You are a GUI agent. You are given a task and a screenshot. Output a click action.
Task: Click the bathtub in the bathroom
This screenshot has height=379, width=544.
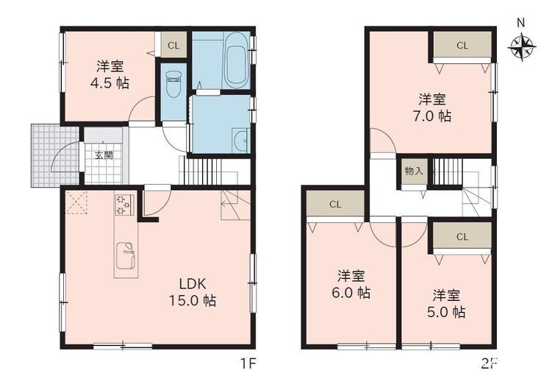coord(236,60)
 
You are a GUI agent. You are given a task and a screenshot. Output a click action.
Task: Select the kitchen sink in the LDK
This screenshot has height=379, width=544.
coord(126,256)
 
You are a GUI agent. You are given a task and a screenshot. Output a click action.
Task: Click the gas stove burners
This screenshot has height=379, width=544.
coord(124,205)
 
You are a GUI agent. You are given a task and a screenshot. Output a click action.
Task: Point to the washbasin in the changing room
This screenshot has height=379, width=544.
coord(240,141)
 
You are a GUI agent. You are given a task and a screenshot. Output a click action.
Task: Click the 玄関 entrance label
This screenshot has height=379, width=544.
coord(104,155)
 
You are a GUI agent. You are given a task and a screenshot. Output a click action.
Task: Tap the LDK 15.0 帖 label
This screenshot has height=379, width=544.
coord(193,292)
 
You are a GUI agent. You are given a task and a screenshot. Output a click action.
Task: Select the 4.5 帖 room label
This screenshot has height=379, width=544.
coord(110,74)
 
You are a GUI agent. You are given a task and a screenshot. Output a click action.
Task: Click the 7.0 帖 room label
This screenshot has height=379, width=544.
coord(432,107)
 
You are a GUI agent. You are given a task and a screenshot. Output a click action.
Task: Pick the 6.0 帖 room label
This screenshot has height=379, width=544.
coord(351,285)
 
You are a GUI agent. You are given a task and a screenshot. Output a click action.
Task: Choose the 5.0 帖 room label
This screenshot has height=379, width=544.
coord(446,304)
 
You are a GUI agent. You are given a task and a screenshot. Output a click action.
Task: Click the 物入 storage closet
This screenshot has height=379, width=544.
coord(414,171)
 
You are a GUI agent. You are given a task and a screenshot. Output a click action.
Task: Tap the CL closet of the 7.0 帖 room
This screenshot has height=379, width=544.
coord(462,45)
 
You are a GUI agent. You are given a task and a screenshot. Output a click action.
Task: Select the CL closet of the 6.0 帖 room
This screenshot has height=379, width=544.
coord(335,204)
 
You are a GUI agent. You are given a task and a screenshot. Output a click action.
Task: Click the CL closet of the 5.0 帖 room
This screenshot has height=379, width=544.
coord(462,236)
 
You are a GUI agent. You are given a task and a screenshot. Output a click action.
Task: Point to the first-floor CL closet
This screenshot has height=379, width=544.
coord(173,45)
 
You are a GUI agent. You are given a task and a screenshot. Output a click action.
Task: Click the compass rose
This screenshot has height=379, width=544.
coord(521,47)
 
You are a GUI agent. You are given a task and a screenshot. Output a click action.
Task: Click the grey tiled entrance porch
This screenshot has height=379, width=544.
coord(55,155)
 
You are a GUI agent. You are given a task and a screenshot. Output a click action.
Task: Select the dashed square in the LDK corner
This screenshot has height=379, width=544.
coord(76,202)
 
